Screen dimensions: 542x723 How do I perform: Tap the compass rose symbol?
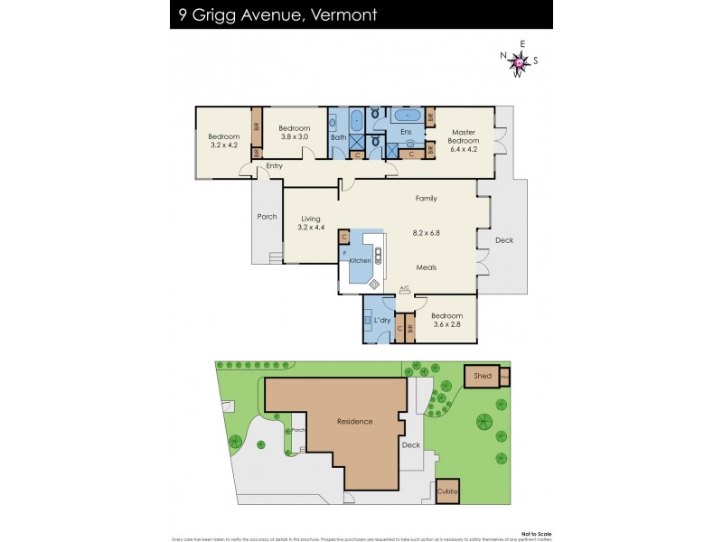point(519,61)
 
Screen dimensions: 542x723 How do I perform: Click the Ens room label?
point(406,133)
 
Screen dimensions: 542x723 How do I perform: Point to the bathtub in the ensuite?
point(408,116)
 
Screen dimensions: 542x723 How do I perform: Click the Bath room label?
point(338,137)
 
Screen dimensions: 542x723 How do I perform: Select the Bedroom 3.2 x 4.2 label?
point(223,140)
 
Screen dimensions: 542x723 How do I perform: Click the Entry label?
point(274,166)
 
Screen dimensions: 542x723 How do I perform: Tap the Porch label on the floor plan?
point(267,217)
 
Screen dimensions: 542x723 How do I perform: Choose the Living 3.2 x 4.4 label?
point(311,222)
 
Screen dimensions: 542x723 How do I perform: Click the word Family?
point(426,198)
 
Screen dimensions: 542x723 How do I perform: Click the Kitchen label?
point(361,260)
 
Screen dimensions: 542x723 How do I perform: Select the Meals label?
point(427,267)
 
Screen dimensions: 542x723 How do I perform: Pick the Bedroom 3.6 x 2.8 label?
point(446,320)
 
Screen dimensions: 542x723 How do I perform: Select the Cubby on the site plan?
point(447,491)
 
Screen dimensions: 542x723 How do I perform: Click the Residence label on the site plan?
point(354,422)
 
